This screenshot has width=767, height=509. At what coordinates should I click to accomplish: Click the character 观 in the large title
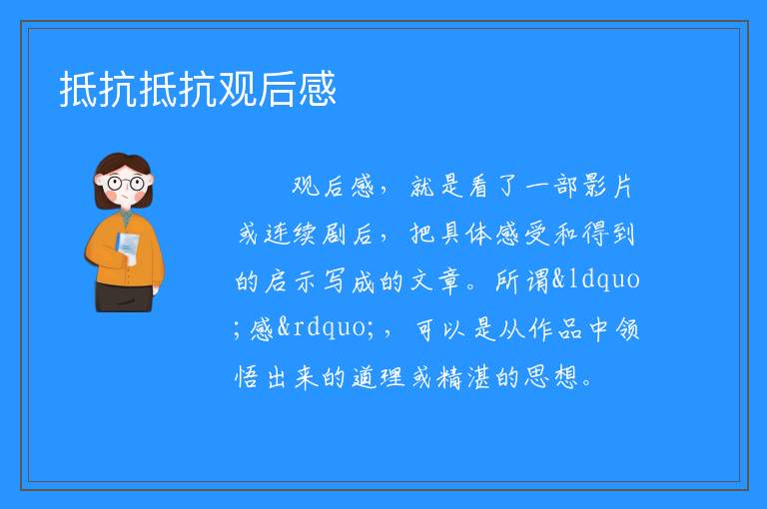pos(238,89)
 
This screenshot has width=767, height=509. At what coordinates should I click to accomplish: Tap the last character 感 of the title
pos(318,89)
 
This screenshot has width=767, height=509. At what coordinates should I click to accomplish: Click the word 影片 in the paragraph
pos(607,187)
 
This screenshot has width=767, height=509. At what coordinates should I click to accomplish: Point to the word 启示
pos(292,281)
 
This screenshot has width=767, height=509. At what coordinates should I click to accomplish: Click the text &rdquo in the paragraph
pos(322,327)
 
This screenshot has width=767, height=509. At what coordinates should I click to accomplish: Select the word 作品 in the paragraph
pos(555,329)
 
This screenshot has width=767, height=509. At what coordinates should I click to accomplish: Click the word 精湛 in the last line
pos(463,377)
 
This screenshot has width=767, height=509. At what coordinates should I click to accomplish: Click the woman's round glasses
pos(125,184)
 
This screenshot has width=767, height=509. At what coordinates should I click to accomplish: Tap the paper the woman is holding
pos(127,248)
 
